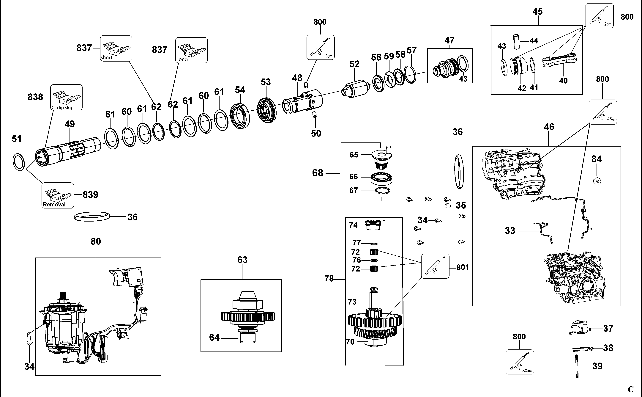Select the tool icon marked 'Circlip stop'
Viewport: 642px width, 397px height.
66,97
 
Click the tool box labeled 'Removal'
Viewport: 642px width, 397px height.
58,195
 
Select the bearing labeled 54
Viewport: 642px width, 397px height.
240,116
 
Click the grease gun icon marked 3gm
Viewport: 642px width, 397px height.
320,47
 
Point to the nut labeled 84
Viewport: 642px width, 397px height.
597,181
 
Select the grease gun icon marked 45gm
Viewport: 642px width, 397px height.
603,112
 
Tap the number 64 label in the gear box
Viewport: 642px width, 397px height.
214,337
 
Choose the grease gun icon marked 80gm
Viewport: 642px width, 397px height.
520,362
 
